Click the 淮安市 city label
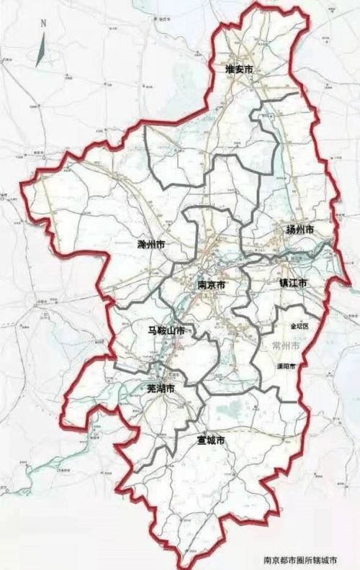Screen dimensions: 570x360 pos(239,69)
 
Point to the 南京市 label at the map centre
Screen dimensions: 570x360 pos(212,285)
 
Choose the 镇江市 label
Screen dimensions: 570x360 pos(294,284)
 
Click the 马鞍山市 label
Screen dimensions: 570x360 pos(161,331)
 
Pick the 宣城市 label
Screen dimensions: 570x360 pos(212,440)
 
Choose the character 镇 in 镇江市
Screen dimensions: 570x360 pos(284,284)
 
